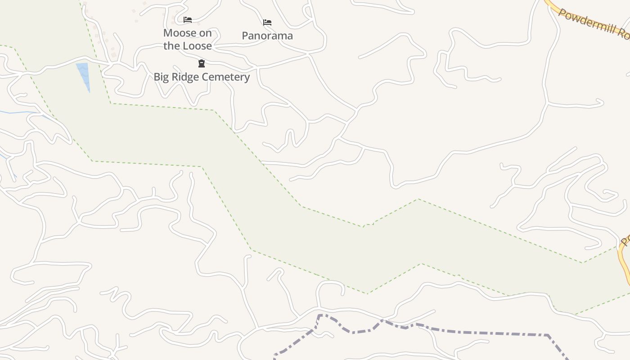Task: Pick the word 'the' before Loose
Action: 171,46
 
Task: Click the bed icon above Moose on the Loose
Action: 188,20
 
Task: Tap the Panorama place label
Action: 267,36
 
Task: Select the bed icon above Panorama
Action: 267,22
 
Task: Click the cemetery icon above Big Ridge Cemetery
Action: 202,63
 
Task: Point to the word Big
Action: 162,77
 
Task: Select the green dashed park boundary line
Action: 162,107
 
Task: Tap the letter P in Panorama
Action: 245,36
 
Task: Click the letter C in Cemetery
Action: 205,77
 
